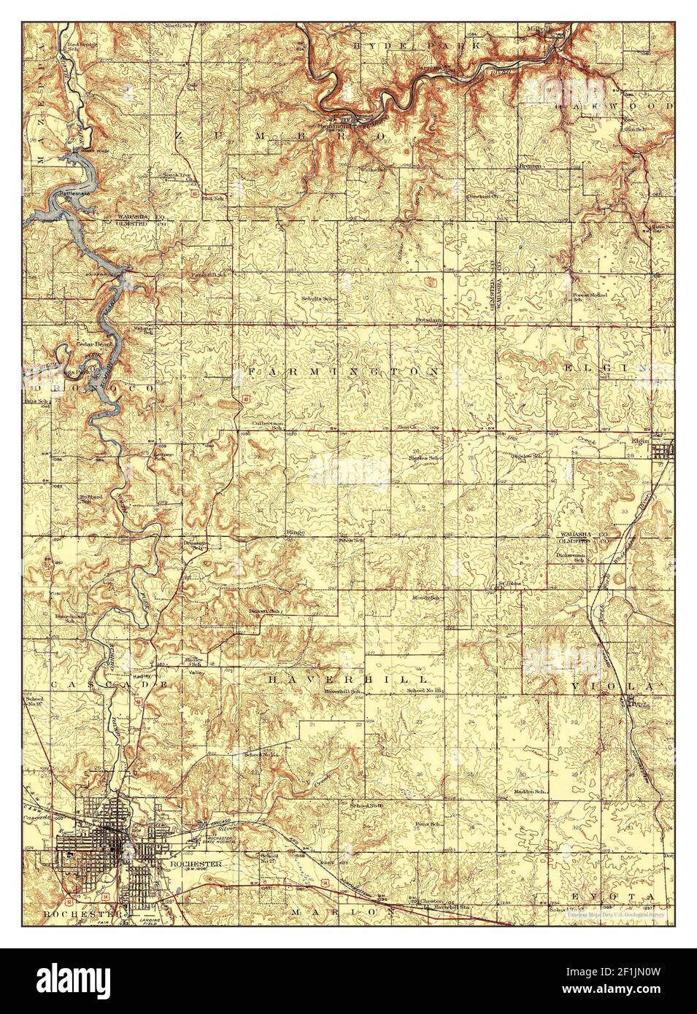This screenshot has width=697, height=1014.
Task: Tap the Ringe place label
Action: click(295, 533)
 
